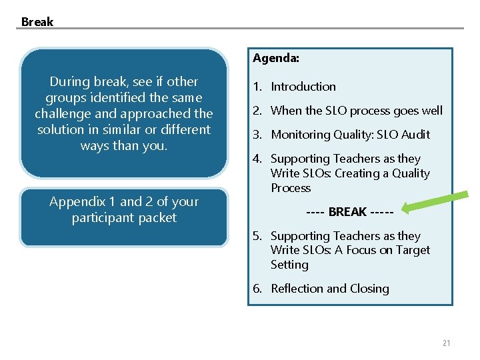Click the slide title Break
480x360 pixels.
(37, 21)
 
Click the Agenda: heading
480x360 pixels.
(275, 58)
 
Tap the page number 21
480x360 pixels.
(446, 343)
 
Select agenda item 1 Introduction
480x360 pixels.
(303, 87)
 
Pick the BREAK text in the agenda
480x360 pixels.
(347, 212)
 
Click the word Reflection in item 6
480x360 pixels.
(297, 289)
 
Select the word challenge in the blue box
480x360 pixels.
(65, 113)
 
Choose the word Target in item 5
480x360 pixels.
(413, 250)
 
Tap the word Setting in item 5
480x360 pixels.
(289, 265)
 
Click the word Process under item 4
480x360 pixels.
(291, 188)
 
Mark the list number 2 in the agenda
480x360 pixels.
(257, 111)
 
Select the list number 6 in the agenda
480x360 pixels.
(257, 289)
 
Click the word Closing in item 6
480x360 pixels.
(369, 289)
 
